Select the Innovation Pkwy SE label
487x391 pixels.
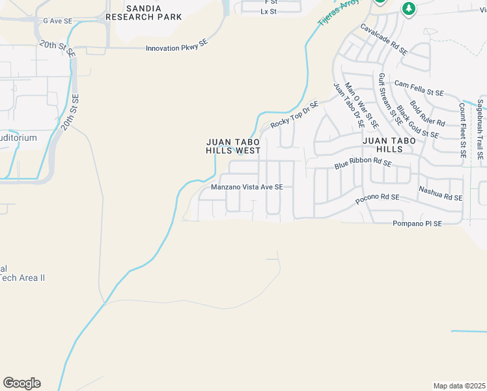pos(176,48)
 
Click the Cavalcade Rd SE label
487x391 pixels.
pos(384,39)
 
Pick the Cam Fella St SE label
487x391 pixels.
pos(419,89)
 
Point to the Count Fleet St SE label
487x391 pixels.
pos(462,130)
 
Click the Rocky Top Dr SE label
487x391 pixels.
pos(294,114)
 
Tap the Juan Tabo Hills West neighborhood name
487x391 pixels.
pos(233,146)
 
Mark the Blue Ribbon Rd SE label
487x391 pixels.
pos(363,164)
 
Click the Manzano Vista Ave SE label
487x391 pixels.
pos(247,187)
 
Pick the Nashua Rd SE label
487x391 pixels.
pos(440,193)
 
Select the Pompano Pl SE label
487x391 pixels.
pos(417,224)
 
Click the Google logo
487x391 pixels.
pos(21,383)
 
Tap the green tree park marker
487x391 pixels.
pos(408,8)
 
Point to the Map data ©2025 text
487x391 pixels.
pos(460,386)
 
